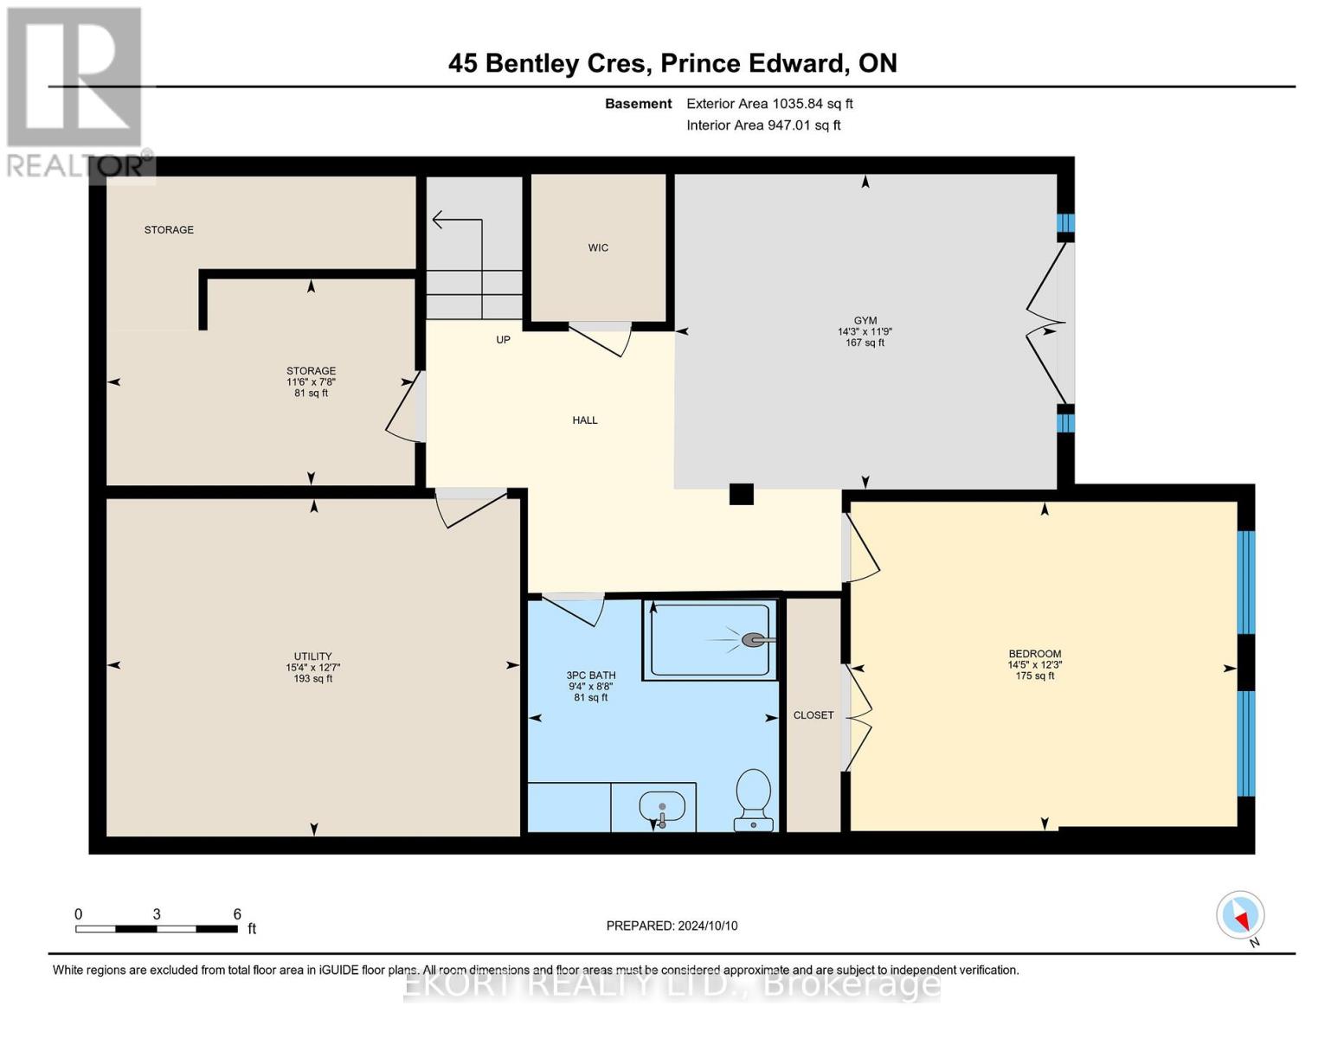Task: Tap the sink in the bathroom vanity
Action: pyautogui.click(x=662, y=810)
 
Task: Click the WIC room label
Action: pyautogui.click(x=598, y=248)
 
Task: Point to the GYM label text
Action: pyautogui.click(x=865, y=320)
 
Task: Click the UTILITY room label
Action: pyautogui.click(x=312, y=657)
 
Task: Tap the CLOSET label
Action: pyautogui.click(x=813, y=715)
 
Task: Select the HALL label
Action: pyautogui.click(x=585, y=420)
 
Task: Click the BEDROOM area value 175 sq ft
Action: pyautogui.click(x=1034, y=676)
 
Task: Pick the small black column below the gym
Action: pyautogui.click(x=741, y=494)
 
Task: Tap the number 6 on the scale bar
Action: pyautogui.click(x=237, y=914)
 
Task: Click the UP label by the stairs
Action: pyautogui.click(x=503, y=340)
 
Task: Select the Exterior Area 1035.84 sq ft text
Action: pyautogui.click(x=769, y=104)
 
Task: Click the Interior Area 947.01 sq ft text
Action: pyautogui.click(x=763, y=125)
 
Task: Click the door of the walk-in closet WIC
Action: pyautogui.click(x=599, y=339)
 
